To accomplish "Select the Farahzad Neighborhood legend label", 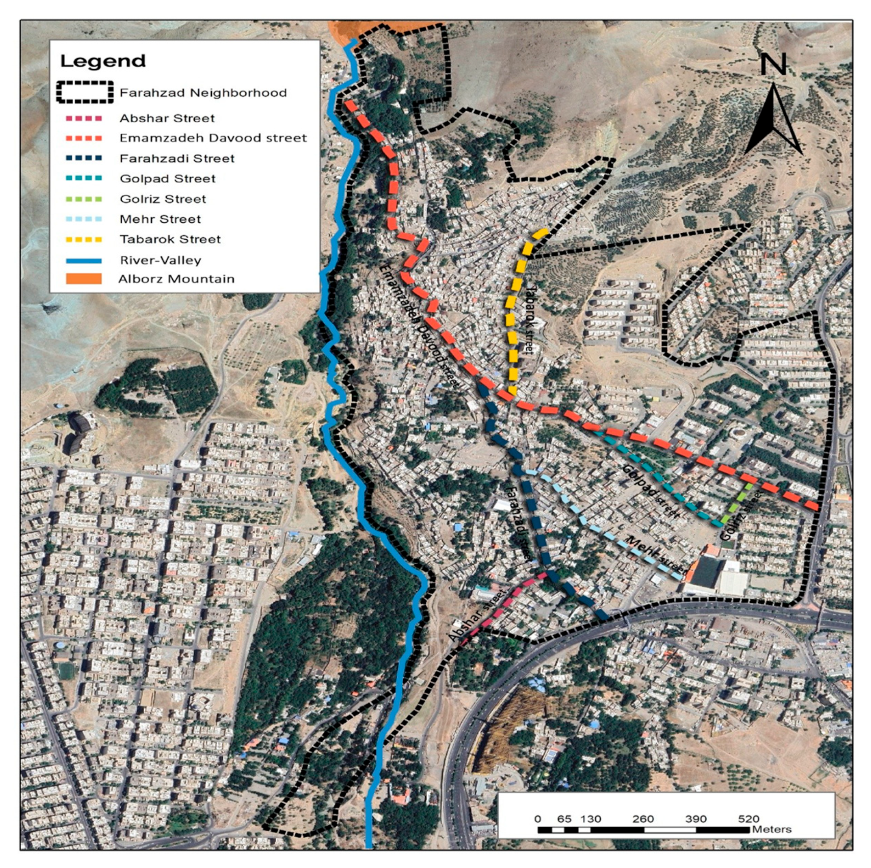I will tap(203, 93).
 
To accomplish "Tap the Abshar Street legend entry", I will tap(167, 119).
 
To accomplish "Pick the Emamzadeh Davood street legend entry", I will tap(213, 138).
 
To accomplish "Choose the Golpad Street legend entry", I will tap(167, 178).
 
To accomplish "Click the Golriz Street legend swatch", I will tap(84, 199).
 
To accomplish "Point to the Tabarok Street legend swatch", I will tap(84, 239).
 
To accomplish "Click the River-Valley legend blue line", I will tap(84, 260).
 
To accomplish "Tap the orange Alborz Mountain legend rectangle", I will tap(84, 279).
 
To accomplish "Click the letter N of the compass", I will tap(773, 64).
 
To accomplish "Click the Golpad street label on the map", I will tap(651, 492).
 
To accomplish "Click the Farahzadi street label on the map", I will tap(518, 523).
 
